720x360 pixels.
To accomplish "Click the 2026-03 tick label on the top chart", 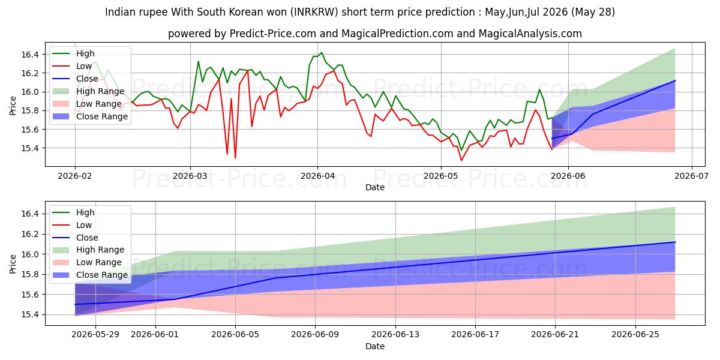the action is click(190, 176).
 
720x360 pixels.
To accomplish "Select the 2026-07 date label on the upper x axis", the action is click(691, 176).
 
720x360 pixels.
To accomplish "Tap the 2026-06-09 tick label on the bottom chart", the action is click(315, 335).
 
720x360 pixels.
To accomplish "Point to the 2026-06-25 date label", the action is click(635, 335).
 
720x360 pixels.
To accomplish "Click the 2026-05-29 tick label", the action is click(95, 335).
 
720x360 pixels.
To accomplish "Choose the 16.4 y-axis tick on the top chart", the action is click(30, 55).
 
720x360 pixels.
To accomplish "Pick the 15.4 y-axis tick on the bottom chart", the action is click(30, 314).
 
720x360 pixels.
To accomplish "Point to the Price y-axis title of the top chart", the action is click(13, 106).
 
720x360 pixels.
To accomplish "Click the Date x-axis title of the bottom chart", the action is click(375, 346).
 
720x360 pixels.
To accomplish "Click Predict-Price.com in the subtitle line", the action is click(273, 34).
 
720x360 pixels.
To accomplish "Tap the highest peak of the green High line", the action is click(321, 52).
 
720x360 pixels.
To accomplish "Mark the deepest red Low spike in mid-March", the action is click(235, 158).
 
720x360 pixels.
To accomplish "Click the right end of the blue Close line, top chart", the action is click(675, 80).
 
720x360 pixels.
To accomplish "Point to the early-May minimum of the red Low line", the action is click(461, 160).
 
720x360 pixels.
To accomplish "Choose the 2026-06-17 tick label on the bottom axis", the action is click(475, 335).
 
